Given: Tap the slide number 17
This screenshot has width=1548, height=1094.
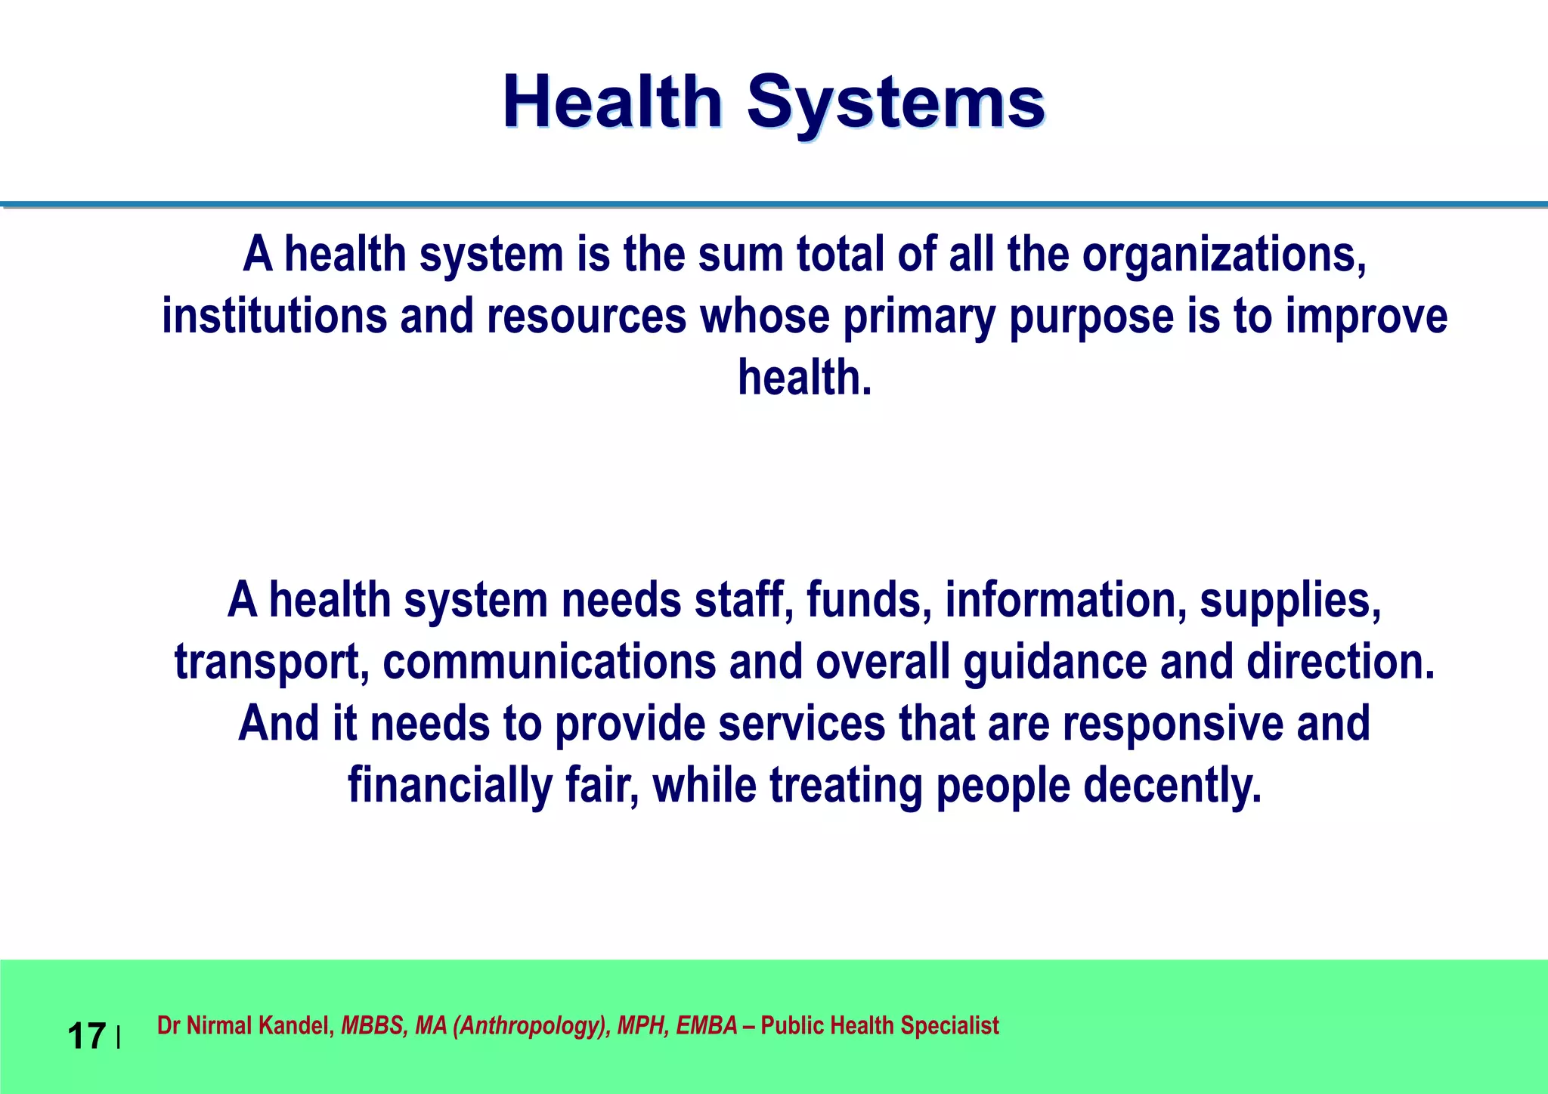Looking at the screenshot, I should point(86,1036).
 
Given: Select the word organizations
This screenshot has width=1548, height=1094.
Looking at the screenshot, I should point(1224,255).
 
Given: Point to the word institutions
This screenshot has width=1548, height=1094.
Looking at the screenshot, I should point(274,316).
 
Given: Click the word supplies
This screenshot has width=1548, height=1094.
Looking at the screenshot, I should point(1290,601).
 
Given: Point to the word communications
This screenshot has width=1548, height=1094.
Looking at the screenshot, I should point(549,662).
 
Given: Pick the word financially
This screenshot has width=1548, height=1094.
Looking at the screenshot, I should point(450,786).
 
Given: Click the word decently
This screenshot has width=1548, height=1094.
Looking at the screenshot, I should point(1172,786).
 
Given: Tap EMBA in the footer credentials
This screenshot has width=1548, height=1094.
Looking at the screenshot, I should point(706,1026).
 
